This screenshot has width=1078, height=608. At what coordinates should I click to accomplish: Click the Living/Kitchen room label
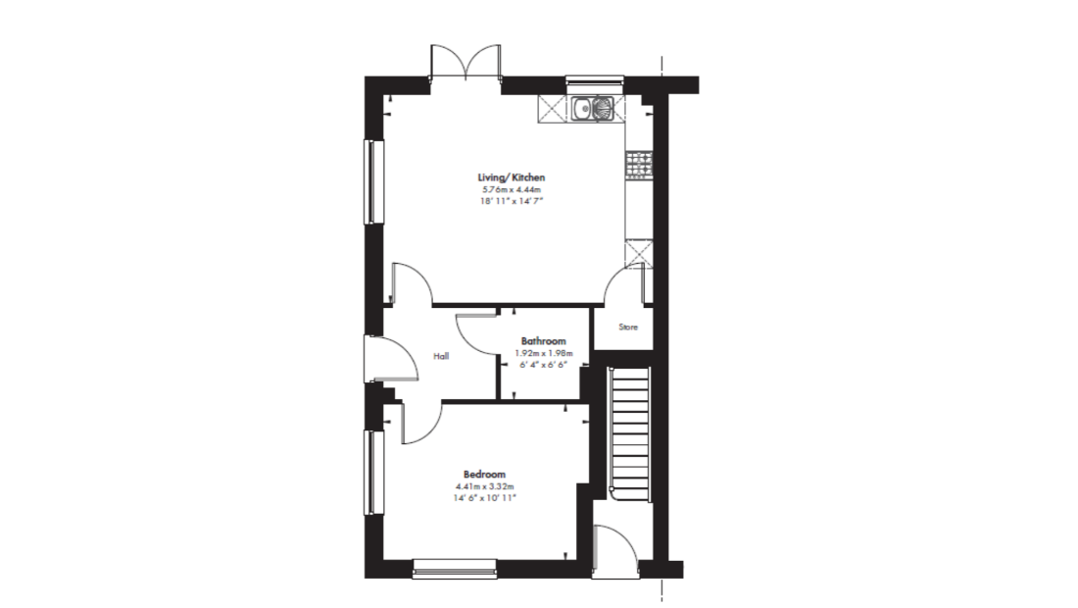[x=512, y=177]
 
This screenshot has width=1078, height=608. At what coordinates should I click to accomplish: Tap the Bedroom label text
[x=484, y=474]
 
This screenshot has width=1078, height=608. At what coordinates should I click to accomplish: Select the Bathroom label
[x=543, y=340]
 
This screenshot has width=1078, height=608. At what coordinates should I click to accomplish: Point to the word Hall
[x=441, y=356]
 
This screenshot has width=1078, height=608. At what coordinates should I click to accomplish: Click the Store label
[x=627, y=328]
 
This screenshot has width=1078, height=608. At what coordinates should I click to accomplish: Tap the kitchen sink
[x=592, y=108]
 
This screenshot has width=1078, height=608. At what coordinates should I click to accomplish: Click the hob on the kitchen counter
[x=639, y=165]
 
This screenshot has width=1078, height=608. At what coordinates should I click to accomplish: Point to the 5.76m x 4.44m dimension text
[x=512, y=190]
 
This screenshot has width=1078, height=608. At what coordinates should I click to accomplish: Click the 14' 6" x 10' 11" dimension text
[x=484, y=498]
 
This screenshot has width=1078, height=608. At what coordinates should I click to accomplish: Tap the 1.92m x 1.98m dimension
[x=543, y=353]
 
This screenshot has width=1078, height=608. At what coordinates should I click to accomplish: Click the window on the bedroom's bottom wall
[x=455, y=568]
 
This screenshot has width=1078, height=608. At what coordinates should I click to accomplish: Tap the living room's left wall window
[x=373, y=181]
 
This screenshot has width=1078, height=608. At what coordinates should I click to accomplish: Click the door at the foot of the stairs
[x=615, y=548]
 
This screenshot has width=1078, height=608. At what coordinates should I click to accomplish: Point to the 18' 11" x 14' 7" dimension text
[x=512, y=201]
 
